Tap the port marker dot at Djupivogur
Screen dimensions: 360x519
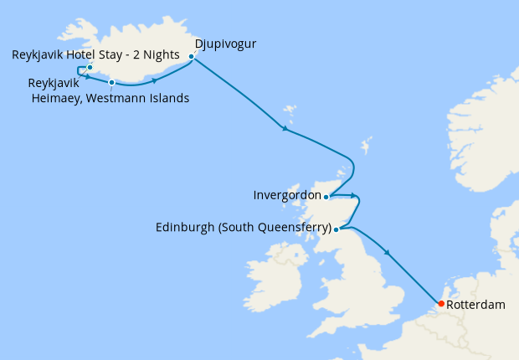[x=192, y=57]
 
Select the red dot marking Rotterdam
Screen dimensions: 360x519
[x=440, y=304]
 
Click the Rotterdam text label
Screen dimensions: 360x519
[x=476, y=305]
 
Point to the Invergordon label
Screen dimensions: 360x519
[x=287, y=195]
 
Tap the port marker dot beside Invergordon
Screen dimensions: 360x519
[x=326, y=197]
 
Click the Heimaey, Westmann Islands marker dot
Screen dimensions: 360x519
[x=111, y=82]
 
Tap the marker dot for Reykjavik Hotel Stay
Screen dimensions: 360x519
[x=90, y=67]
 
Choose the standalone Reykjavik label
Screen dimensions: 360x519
[x=54, y=84]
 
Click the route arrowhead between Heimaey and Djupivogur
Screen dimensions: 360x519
[x=155, y=80]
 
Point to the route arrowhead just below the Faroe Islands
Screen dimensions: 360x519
[x=285, y=129]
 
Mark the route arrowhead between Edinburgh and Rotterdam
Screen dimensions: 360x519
[x=387, y=252]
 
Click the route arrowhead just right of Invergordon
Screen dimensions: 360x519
[x=355, y=197]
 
